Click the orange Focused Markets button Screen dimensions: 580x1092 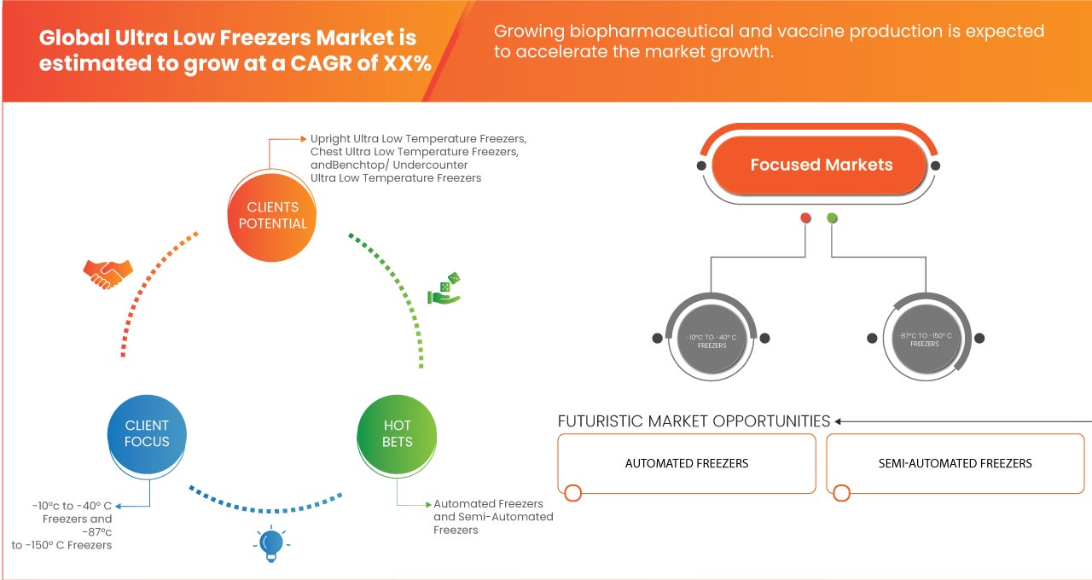pyautogui.click(x=821, y=165)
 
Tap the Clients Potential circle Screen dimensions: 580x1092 pyautogui.click(x=272, y=215)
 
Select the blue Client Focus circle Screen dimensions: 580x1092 pyautogui.click(x=147, y=433)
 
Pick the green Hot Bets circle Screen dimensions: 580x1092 pyautogui.click(x=398, y=433)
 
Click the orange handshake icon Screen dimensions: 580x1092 pyautogui.click(x=107, y=273)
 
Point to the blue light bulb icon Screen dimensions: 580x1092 pyautogui.click(x=270, y=542)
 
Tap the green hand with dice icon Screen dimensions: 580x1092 pyautogui.click(x=444, y=289)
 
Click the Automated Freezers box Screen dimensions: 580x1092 pyautogui.click(x=686, y=463)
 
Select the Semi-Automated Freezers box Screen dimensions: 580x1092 pyautogui.click(x=955, y=463)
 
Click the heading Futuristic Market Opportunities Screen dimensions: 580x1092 pyautogui.click(x=694, y=421)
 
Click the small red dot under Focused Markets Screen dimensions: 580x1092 pyautogui.click(x=805, y=218)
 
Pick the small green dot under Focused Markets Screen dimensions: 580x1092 pyautogui.click(x=832, y=218)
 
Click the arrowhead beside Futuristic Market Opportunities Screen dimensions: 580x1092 pyautogui.click(x=839, y=421)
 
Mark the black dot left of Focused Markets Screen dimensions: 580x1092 pyautogui.click(x=701, y=165)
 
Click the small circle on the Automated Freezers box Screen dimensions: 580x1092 pyautogui.click(x=573, y=493)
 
